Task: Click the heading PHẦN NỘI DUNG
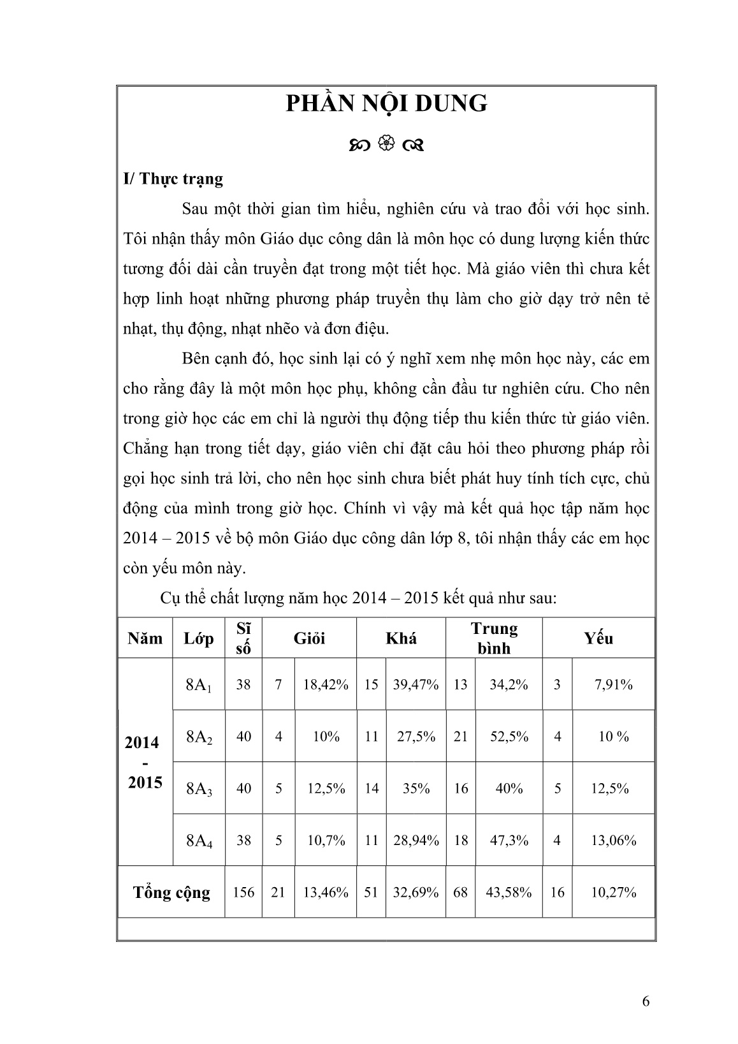[386, 103]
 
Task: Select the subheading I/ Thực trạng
[173, 179]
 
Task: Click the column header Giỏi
[309, 638]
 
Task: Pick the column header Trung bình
[494, 638]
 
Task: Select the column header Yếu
[598, 638]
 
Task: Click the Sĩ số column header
[243, 638]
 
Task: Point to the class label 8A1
[199, 686]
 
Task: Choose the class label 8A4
[199, 841]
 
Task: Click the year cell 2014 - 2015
[145, 762]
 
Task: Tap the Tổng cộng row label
[171, 892]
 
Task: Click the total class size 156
[243, 892]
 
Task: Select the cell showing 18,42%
[326, 685]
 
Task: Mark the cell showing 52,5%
[509, 737]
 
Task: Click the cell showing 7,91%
[613, 685]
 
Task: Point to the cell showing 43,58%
[509, 892]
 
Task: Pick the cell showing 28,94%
[416, 841]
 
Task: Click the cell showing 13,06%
[613, 841]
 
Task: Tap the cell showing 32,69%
[416, 892]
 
